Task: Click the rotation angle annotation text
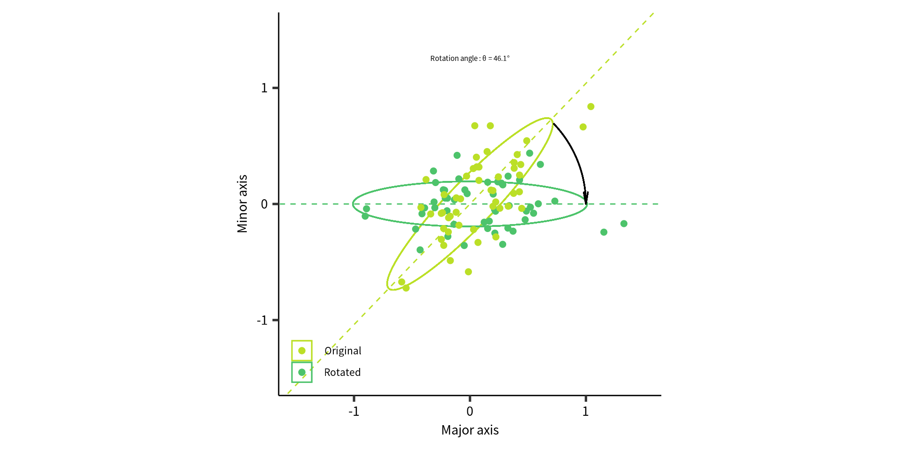pos(470,59)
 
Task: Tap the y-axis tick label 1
pos(265,88)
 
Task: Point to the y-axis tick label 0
pos(265,204)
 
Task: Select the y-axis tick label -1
pos(262,321)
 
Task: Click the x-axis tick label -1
pos(354,412)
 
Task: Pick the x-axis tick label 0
pos(470,412)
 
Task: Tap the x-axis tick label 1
pos(585,412)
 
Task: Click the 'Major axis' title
pos(470,430)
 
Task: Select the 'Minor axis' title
pos(242,204)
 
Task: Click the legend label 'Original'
pos(343,351)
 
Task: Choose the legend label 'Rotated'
pos(342,373)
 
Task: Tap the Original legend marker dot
pos(302,351)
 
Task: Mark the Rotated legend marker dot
pos(302,372)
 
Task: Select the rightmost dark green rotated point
pos(624,224)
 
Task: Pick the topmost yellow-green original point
pos(591,107)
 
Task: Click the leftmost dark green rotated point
pos(365,216)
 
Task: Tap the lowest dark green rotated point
pos(420,250)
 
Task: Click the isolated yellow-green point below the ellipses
pos(468,272)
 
